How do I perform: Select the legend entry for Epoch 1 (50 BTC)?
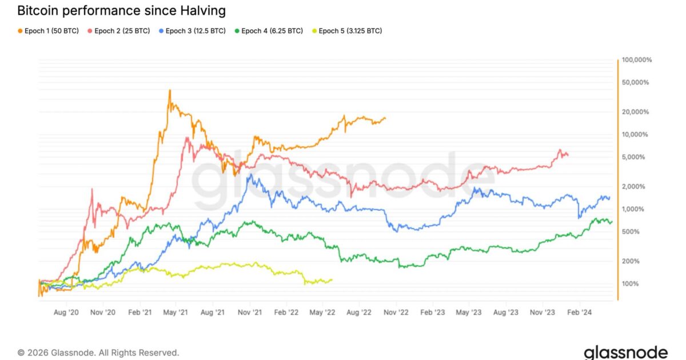48,30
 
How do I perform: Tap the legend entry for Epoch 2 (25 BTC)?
119,30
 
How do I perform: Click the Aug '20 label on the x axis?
66,313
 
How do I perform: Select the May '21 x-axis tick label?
176,313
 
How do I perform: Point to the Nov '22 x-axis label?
396,313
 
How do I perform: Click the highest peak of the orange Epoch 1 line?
170,90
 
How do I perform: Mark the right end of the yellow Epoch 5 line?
332,279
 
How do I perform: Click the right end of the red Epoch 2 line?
568,155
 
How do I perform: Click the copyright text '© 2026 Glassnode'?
98,353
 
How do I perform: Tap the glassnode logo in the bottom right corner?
625,351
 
